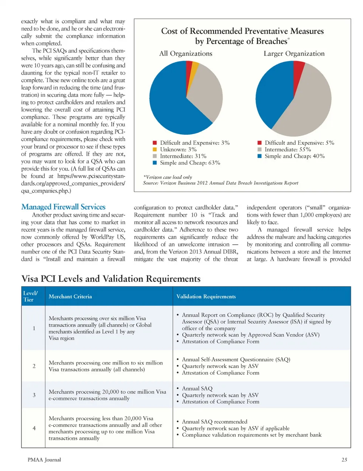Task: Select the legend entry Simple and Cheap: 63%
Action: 189,163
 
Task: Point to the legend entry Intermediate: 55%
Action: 287,149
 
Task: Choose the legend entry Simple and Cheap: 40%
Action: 294,156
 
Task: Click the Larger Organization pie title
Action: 294,54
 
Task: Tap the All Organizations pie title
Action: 186,54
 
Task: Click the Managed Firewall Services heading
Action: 63,207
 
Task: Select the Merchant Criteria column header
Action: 70,297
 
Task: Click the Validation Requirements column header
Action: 206,297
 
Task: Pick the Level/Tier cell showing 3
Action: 34,395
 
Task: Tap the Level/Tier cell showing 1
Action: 34,328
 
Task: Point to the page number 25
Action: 344,460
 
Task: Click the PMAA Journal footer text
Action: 44,460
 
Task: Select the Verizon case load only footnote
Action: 168,177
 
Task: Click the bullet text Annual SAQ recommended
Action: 214,421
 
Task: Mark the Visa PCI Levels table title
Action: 111,279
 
